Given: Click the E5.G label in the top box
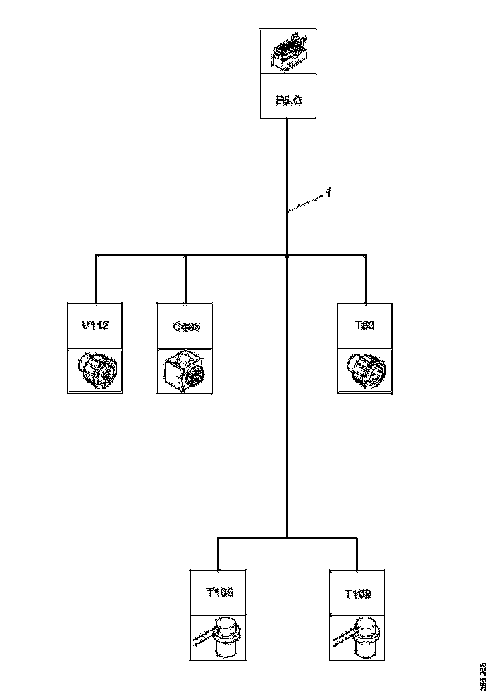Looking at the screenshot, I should [288, 100].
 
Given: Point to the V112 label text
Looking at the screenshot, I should [95, 326].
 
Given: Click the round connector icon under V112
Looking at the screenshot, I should [95, 371].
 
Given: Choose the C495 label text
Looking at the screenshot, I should [185, 326].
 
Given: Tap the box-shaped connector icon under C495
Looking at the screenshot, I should [185, 371].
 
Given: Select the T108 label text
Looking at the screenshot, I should [219, 593].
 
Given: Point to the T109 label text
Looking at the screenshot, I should [357, 593].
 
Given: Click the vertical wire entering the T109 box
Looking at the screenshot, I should [357, 555].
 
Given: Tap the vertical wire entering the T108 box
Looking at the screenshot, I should [218, 555].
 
